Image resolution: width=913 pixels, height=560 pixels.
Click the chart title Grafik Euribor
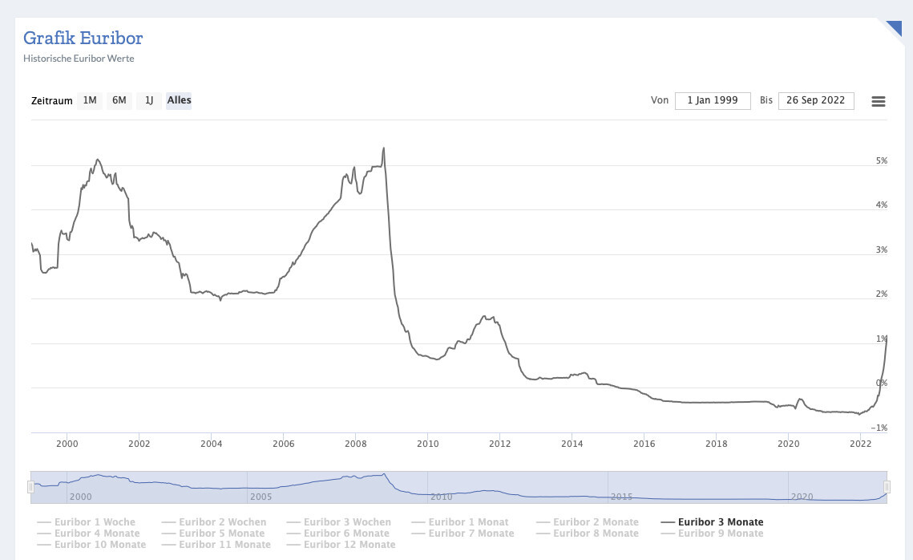(x=83, y=38)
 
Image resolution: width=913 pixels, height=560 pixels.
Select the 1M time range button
(x=90, y=100)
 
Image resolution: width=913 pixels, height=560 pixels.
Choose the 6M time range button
(x=119, y=100)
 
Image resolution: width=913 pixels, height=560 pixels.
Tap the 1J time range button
(x=148, y=100)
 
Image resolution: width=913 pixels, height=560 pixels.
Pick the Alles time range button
(x=179, y=100)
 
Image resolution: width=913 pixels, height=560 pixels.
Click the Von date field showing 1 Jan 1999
(x=713, y=100)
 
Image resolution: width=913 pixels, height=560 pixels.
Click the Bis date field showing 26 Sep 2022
(x=816, y=100)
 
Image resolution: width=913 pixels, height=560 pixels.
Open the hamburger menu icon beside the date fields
(x=879, y=101)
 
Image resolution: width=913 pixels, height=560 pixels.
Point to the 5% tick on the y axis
(x=882, y=161)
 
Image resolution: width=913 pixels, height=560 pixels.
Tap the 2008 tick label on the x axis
(x=355, y=443)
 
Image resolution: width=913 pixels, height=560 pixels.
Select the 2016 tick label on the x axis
(x=644, y=443)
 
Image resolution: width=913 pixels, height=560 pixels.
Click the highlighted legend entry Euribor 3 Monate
(x=721, y=522)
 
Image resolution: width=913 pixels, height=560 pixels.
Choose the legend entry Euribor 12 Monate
(x=349, y=545)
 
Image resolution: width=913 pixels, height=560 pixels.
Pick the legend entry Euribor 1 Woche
(x=95, y=522)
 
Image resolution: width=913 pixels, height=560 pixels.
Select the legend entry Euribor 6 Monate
(x=346, y=534)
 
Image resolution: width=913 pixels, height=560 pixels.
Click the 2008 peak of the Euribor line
(x=384, y=148)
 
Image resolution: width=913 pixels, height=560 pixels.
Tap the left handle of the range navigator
(x=30, y=487)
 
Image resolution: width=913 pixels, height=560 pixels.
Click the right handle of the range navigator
(x=887, y=487)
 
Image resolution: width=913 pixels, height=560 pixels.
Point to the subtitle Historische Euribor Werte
(x=79, y=59)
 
